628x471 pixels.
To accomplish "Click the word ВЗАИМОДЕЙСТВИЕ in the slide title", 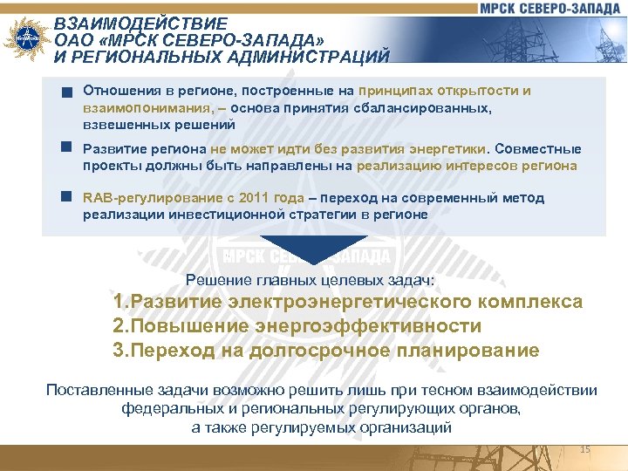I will [x=140, y=24].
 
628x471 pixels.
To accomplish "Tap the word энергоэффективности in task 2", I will [x=368, y=326].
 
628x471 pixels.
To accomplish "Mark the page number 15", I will [x=585, y=448].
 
